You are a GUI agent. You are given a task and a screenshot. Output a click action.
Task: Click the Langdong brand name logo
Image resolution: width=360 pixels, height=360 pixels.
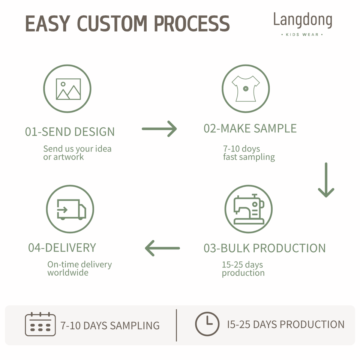click(x=303, y=20)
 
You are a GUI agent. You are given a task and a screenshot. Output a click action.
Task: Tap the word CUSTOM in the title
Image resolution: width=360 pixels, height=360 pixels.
click(x=112, y=23)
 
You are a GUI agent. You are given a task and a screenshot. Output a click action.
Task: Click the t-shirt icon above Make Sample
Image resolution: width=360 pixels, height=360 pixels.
click(x=246, y=88)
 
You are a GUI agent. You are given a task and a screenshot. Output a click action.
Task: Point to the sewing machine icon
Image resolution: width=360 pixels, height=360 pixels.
click(x=249, y=209)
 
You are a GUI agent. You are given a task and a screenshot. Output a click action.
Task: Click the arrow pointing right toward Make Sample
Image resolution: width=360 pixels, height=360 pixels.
click(x=159, y=129)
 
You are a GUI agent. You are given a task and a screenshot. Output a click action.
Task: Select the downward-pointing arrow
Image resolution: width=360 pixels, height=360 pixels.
click(x=326, y=180)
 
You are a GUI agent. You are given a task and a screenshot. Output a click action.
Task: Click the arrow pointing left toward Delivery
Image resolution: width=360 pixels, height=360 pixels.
click(x=162, y=248)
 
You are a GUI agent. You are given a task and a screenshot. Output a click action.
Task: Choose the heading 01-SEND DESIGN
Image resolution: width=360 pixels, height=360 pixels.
click(x=70, y=132)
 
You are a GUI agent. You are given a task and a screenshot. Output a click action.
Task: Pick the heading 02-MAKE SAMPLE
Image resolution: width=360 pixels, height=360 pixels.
click(x=250, y=128)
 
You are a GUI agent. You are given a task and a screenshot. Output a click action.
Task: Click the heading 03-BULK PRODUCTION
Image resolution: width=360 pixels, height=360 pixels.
click(x=264, y=248)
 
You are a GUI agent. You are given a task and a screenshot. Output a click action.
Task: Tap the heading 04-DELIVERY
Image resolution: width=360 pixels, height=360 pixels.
click(x=62, y=248)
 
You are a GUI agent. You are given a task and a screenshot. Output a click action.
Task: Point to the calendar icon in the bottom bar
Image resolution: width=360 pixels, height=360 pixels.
click(x=40, y=324)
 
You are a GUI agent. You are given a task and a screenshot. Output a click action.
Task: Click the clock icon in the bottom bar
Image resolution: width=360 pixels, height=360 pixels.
click(x=207, y=324)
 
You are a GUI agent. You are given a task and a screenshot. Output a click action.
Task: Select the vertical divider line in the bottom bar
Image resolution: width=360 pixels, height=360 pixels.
click(x=176, y=325)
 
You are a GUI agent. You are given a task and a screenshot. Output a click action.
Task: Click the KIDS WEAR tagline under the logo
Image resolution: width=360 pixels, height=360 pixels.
click(x=302, y=34)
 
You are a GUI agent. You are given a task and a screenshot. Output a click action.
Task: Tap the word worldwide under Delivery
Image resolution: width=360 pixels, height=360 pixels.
click(x=68, y=273)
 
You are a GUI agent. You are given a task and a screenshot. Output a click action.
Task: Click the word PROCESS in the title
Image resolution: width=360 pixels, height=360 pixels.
click(x=192, y=23)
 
